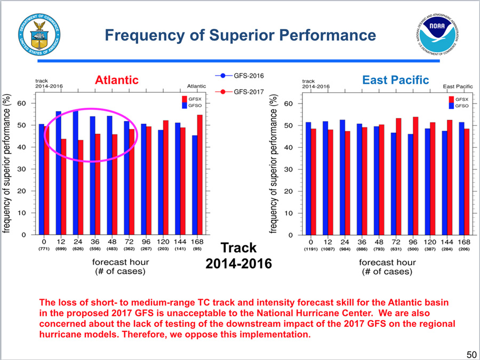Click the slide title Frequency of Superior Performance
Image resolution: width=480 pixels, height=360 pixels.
tap(240, 35)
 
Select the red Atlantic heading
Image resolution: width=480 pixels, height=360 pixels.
tap(116, 80)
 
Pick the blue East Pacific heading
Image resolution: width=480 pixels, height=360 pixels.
tap(395, 80)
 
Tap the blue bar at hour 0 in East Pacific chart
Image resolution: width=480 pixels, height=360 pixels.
tap(308, 178)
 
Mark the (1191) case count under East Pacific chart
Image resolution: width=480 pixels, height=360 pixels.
tap(310, 249)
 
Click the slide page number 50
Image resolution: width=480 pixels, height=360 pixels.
tap(471, 354)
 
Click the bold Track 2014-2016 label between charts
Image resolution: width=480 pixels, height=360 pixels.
tap(239, 255)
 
